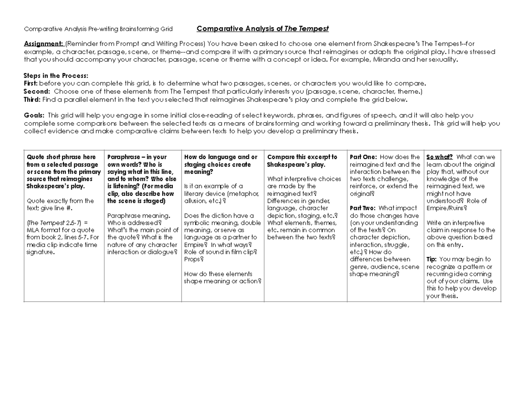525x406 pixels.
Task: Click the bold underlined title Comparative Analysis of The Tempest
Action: (262, 29)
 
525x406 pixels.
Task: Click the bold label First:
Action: (31, 83)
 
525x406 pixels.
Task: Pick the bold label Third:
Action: (32, 99)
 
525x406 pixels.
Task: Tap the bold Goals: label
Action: (34, 116)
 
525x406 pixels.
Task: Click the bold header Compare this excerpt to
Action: (302, 157)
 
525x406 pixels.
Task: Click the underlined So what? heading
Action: (439, 157)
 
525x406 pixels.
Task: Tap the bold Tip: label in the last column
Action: (431, 259)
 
